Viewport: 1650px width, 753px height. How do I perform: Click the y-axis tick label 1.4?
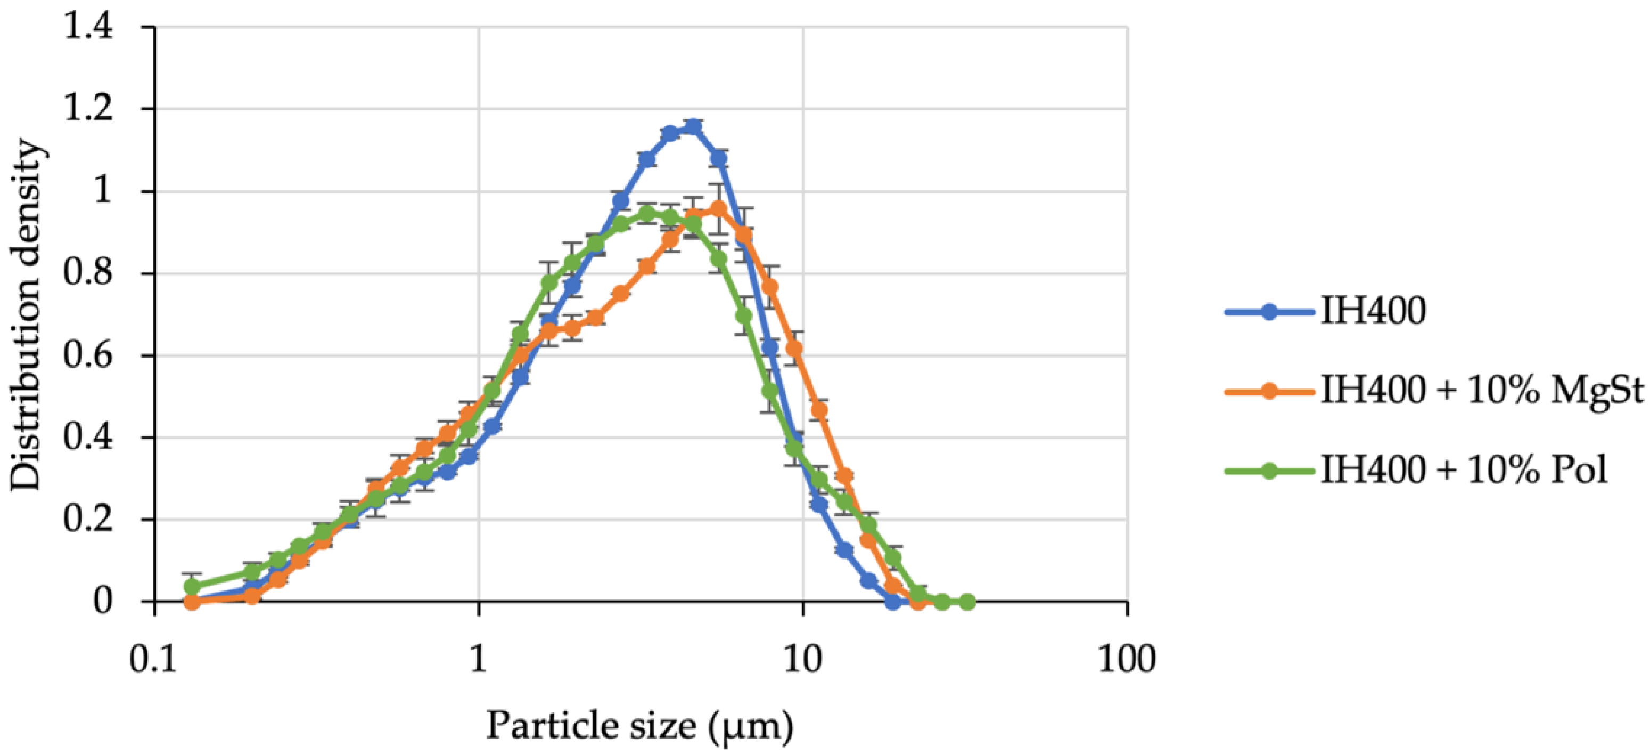(89, 28)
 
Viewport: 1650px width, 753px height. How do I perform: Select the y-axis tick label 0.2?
(89, 520)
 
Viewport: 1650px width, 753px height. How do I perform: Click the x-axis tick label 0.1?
(154, 659)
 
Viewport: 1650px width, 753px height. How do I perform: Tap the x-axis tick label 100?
(1127, 659)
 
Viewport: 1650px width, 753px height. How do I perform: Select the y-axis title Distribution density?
(28, 314)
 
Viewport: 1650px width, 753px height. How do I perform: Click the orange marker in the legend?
(1269, 391)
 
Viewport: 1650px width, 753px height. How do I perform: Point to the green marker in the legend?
(1269, 471)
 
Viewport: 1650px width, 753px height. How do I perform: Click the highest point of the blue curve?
(692, 127)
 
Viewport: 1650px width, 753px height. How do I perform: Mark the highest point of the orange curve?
(718, 208)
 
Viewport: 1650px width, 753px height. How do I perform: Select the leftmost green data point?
(192, 586)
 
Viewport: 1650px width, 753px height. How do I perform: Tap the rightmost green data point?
(968, 602)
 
